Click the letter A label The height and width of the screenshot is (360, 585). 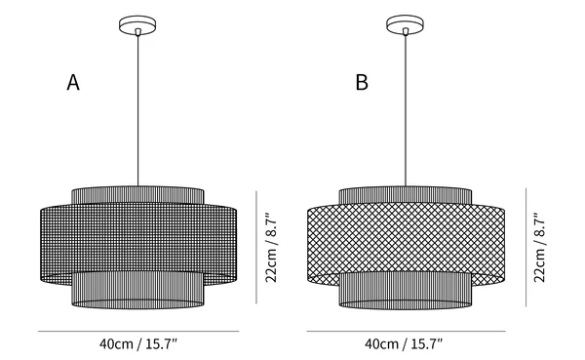[x=73, y=82]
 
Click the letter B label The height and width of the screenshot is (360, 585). [x=362, y=82]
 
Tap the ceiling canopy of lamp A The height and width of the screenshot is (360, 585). [x=137, y=25]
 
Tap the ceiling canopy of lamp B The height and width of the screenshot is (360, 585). [x=405, y=25]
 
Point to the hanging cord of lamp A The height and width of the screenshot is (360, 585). [x=137, y=110]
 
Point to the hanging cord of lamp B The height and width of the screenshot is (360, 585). [x=406, y=110]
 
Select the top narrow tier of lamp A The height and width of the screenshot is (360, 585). [x=137, y=195]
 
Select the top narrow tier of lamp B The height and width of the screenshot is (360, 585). [x=406, y=195]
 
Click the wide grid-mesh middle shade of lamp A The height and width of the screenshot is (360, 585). [x=138, y=239]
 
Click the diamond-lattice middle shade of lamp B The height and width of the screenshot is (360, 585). [x=406, y=239]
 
